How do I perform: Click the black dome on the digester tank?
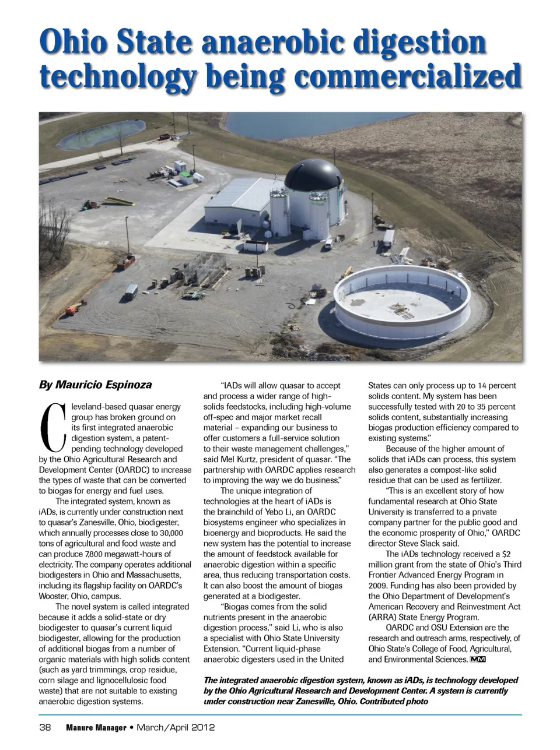click(311, 174)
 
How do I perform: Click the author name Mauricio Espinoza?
click(95, 385)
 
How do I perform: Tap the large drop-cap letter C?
click(52, 427)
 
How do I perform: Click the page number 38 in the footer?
click(45, 727)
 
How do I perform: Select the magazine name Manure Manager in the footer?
click(96, 727)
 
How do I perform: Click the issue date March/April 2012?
click(176, 727)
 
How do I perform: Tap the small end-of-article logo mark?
click(478, 659)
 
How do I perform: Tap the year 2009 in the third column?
click(377, 585)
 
